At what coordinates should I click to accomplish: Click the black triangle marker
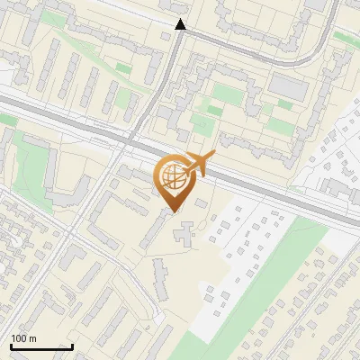(180, 24)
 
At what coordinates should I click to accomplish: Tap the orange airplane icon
(199, 165)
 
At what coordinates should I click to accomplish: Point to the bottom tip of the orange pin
(174, 212)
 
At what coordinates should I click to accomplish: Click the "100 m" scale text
(23, 338)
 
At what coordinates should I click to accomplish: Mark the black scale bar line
(41, 346)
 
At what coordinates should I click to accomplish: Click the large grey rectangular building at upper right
(289, 86)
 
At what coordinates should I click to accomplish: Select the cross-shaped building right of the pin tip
(185, 235)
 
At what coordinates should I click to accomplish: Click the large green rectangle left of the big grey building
(227, 94)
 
